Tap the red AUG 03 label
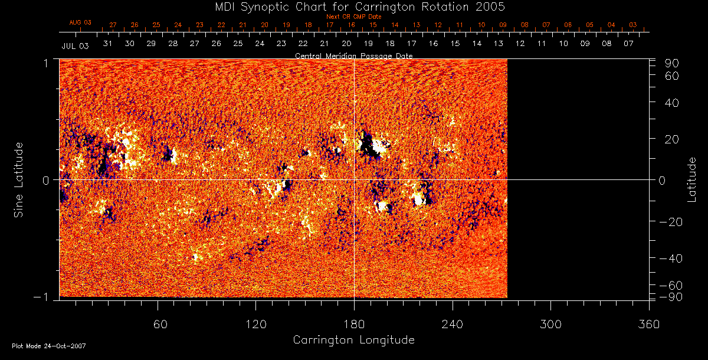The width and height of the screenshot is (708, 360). point(81,22)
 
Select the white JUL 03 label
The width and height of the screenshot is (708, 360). point(75,46)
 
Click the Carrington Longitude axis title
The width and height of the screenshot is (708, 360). point(353,340)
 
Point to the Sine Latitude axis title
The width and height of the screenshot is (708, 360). point(19,179)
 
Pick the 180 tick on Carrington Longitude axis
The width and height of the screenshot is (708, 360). point(353,324)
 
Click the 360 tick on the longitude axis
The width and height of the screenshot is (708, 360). point(649,324)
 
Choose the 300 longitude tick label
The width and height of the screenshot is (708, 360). point(550,324)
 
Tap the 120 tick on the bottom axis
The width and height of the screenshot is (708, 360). point(255,324)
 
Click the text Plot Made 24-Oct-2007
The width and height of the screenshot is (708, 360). point(49,346)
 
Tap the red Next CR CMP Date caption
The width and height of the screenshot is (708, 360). point(353,17)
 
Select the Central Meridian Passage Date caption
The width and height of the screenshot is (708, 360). point(353,55)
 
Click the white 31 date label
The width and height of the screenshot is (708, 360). point(107,44)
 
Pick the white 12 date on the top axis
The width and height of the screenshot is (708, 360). point(520,44)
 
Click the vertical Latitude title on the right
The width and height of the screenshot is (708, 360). point(693,179)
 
